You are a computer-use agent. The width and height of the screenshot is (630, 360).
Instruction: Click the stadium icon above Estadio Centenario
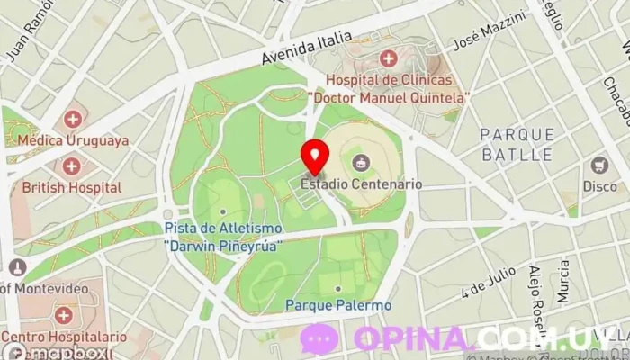[362, 163]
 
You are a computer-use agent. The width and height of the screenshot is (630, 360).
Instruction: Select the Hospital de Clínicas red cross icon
[388, 59]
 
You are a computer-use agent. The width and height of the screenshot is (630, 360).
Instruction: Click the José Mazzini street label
[490, 31]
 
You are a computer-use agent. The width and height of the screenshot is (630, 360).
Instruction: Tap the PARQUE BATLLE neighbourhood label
[517, 144]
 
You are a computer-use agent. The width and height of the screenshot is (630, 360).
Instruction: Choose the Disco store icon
[599, 166]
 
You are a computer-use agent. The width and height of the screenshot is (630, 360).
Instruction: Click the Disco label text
[599, 186]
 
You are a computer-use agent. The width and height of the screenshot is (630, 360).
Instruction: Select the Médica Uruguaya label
[72, 140]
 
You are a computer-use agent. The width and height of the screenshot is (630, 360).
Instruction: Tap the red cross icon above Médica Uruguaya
[73, 119]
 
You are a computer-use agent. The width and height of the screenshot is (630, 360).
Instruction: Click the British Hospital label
[72, 187]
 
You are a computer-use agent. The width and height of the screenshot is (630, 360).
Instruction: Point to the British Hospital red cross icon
[71, 166]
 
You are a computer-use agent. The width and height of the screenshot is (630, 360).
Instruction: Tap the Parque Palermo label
[338, 305]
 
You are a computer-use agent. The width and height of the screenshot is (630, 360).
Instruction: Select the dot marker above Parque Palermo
[338, 288]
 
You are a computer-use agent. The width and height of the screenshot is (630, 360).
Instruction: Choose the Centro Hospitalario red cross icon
[63, 315]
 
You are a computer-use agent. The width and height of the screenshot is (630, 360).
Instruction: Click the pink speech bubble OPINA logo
[319, 338]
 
